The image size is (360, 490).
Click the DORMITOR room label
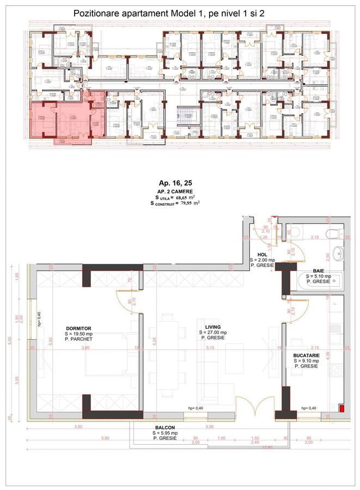pos(76,328)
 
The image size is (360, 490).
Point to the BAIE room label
pos(319,270)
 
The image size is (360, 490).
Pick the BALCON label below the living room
pos(163,428)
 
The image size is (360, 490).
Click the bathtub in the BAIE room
pos(319,282)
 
